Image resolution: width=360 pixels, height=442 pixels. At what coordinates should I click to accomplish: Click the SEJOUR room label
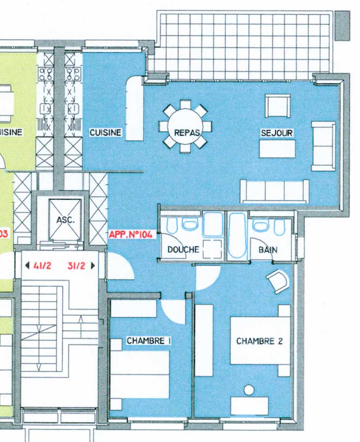pyautogui.click(x=277, y=133)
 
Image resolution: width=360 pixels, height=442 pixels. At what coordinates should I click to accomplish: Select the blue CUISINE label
pyautogui.click(x=106, y=133)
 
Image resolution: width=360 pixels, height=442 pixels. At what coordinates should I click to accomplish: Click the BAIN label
pyautogui.click(x=268, y=250)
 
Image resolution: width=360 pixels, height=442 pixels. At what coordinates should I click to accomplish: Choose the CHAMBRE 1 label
pyautogui.click(x=148, y=341)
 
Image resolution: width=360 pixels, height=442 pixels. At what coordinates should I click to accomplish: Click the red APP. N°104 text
pyautogui.click(x=131, y=235)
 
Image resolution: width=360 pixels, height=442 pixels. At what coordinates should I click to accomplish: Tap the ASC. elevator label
pyautogui.click(x=66, y=220)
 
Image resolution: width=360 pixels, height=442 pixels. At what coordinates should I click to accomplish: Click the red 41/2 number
pyautogui.click(x=43, y=265)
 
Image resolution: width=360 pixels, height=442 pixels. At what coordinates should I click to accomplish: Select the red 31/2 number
pyautogui.click(x=76, y=265)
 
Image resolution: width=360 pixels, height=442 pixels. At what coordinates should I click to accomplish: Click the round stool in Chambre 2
pyautogui.click(x=250, y=389)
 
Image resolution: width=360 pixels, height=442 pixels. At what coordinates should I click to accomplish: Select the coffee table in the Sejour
pyautogui.click(x=277, y=148)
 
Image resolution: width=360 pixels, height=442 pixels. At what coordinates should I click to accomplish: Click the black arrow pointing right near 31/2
pyautogui.click(x=93, y=265)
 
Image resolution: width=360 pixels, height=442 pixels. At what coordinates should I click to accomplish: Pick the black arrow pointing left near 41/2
pyautogui.click(x=26, y=265)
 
